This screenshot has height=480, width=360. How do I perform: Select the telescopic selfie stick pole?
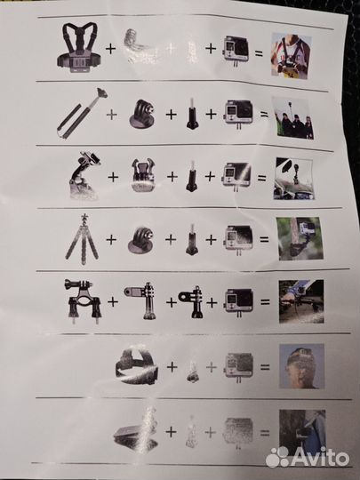point(82,114)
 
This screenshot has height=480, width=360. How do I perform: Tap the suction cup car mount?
point(84,175)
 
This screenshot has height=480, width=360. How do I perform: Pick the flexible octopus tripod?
point(82,239)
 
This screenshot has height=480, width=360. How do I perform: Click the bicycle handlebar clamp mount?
point(82,300)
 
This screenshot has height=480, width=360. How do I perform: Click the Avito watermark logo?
point(308,458)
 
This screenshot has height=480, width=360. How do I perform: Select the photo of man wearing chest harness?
point(292,55)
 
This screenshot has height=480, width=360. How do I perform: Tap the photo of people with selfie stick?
point(292,118)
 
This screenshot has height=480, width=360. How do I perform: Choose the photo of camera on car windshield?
point(293,179)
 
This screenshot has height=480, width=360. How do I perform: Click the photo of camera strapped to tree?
point(300,239)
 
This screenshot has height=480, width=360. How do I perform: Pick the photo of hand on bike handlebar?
point(301,301)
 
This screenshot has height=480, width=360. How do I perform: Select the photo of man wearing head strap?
point(302,366)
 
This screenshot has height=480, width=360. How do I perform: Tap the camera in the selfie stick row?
point(239,114)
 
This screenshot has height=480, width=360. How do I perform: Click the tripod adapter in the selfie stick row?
point(142,114)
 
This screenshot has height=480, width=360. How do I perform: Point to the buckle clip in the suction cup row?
point(142,175)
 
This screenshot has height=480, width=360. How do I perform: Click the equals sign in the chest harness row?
point(259,53)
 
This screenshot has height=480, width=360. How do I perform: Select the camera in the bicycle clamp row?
point(239,301)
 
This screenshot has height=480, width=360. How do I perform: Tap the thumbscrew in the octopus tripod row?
point(192,239)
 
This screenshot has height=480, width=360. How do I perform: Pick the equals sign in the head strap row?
point(265,367)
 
